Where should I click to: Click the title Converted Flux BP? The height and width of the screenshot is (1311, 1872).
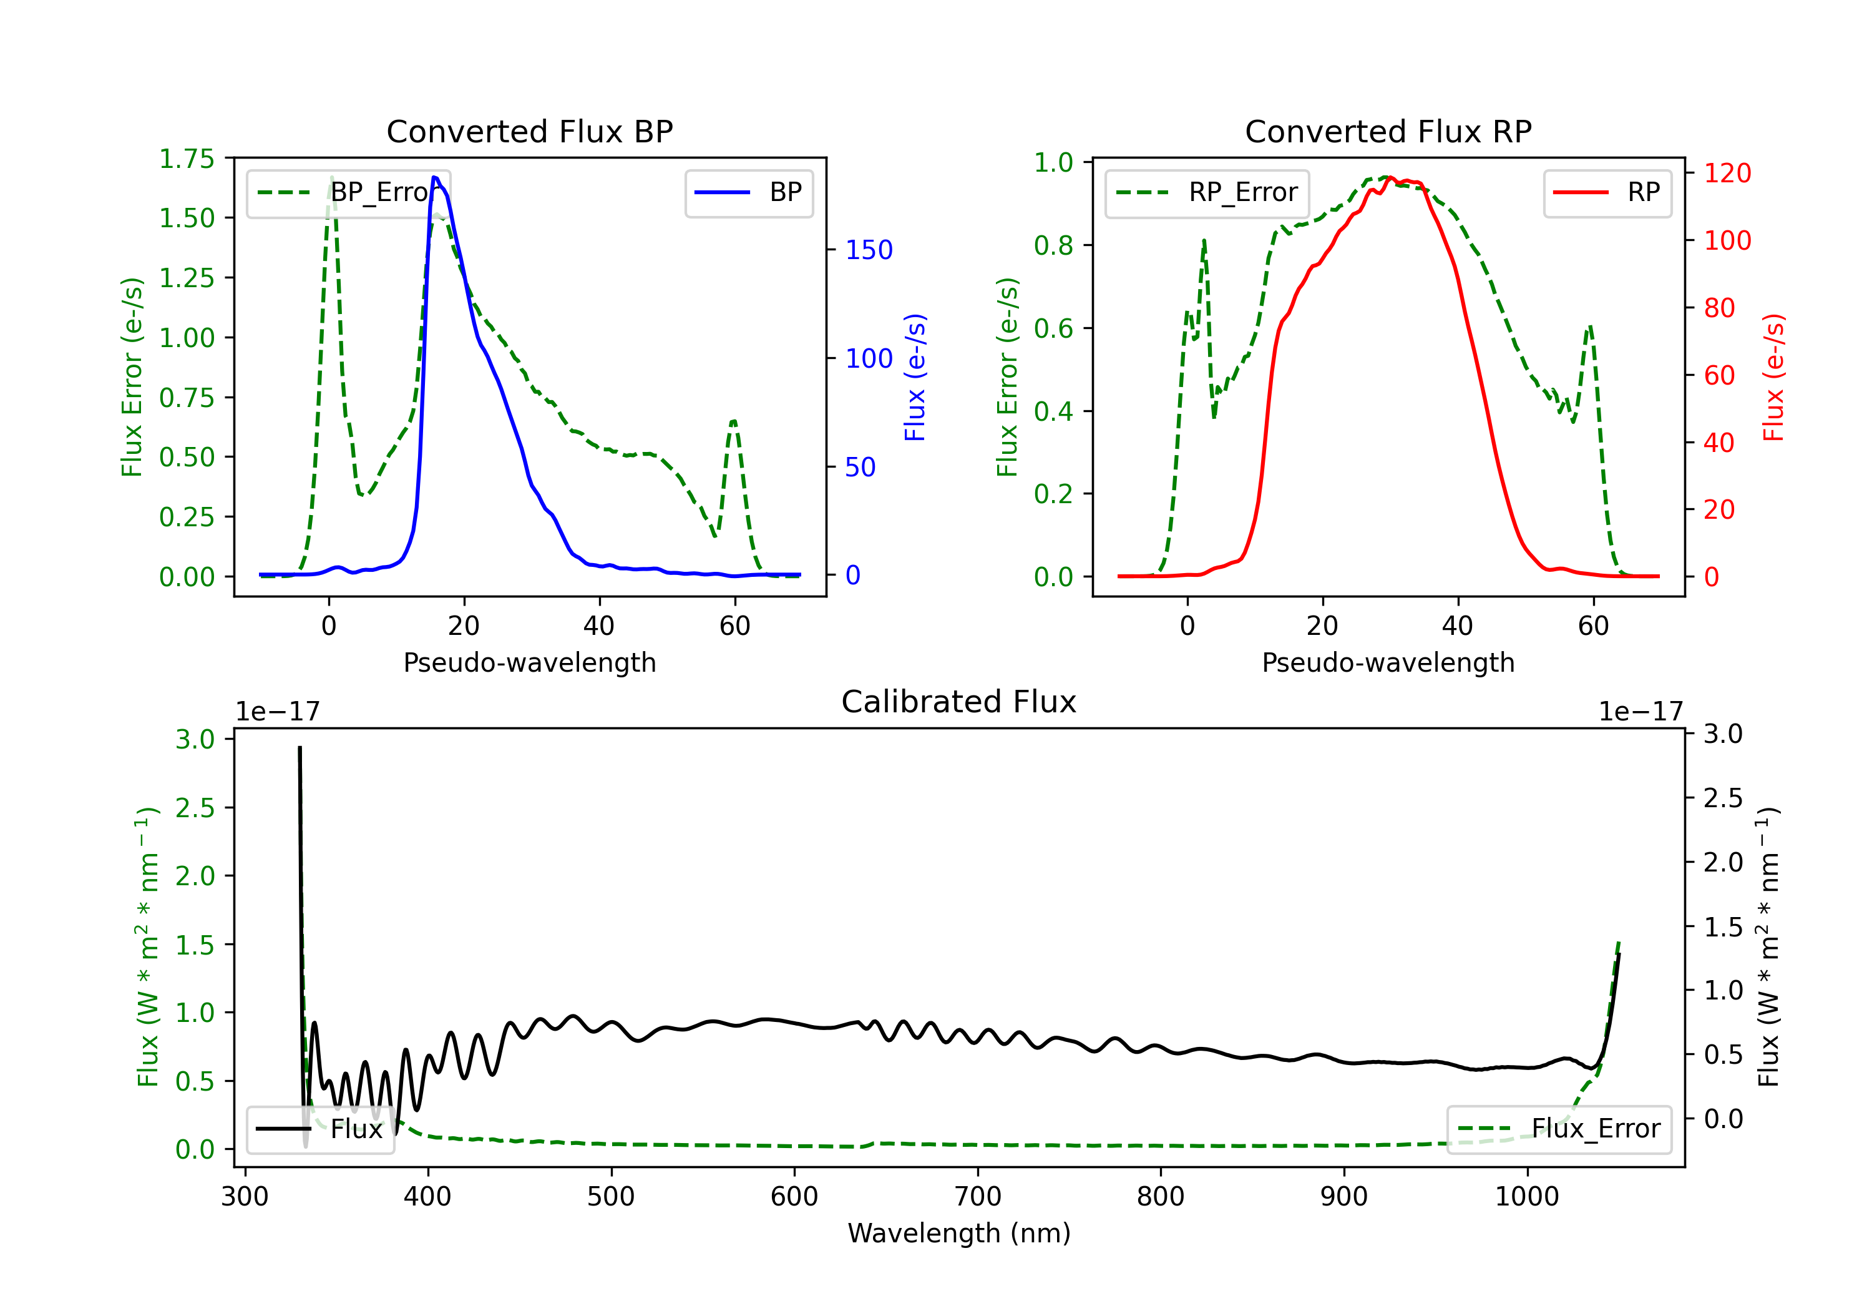529,131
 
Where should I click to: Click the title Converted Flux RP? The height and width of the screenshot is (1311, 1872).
1388,131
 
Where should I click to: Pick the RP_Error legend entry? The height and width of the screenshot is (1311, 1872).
1207,192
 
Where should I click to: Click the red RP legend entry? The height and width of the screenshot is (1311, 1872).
1607,192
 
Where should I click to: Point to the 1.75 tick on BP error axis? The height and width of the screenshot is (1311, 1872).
187,159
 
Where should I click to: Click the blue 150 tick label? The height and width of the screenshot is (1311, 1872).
869,250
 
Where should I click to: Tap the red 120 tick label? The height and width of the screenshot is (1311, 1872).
1727,173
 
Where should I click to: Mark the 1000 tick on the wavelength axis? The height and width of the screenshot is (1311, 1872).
1526,1196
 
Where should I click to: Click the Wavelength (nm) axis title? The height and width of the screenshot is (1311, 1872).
959,1233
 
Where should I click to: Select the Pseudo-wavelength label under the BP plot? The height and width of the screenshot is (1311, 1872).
529,662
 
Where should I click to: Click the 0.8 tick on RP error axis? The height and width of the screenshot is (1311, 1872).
1053,245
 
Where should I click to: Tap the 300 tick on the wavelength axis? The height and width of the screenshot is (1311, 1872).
245,1196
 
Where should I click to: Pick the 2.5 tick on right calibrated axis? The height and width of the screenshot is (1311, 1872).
1723,798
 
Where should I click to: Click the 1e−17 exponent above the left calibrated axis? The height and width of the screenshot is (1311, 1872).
277,712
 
